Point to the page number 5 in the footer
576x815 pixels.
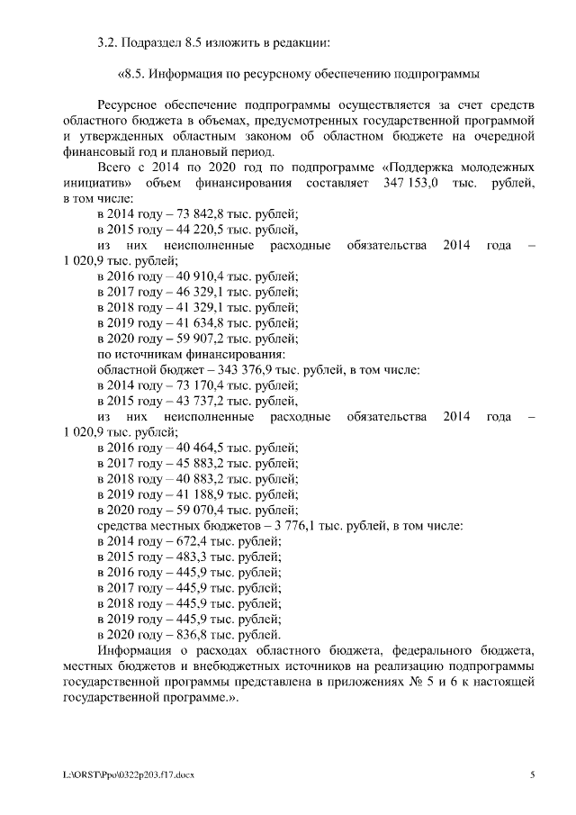[532, 774]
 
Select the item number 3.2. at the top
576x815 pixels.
[109, 42]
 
